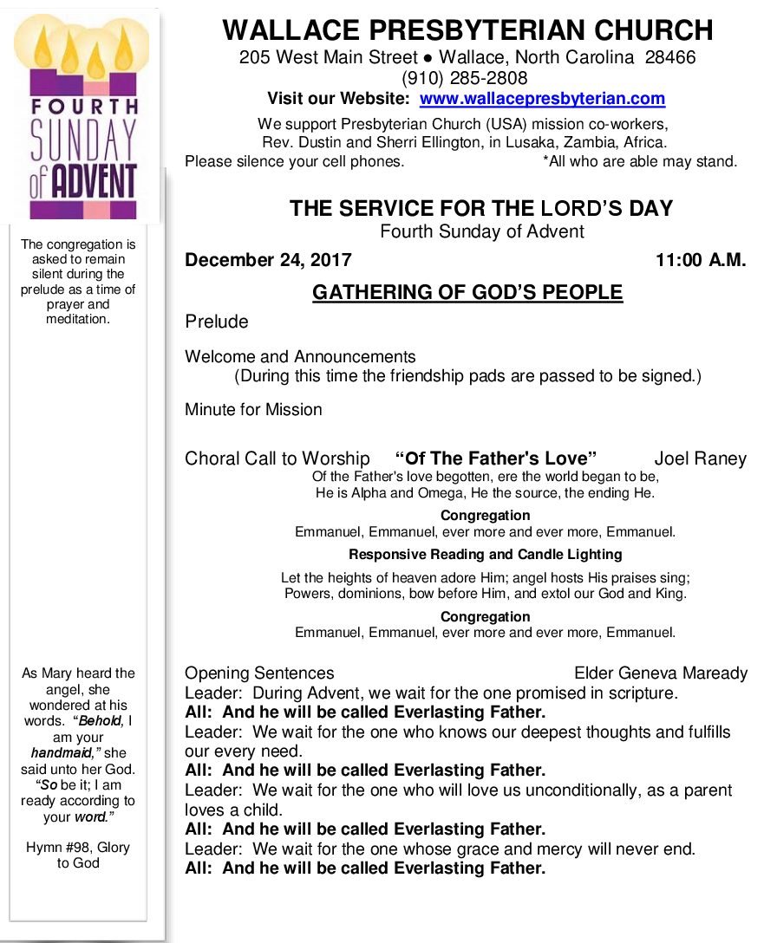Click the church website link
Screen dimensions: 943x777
click(x=542, y=99)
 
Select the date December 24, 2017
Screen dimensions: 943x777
click(x=268, y=260)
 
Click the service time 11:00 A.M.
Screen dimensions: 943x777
click(x=701, y=260)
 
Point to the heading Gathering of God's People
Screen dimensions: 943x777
click(x=467, y=293)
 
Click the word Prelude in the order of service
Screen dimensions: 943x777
click(x=216, y=322)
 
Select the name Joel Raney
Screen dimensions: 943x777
click(x=700, y=458)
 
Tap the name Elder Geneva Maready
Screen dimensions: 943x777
click(x=660, y=673)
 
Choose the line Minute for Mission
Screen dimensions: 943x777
click(x=253, y=409)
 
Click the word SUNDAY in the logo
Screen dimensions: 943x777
click(x=83, y=139)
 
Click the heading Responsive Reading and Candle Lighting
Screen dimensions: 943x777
click(x=485, y=555)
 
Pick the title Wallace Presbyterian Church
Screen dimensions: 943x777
click(x=467, y=30)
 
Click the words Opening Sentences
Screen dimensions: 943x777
click(x=259, y=673)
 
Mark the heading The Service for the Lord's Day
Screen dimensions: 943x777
click(x=481, y=209)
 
